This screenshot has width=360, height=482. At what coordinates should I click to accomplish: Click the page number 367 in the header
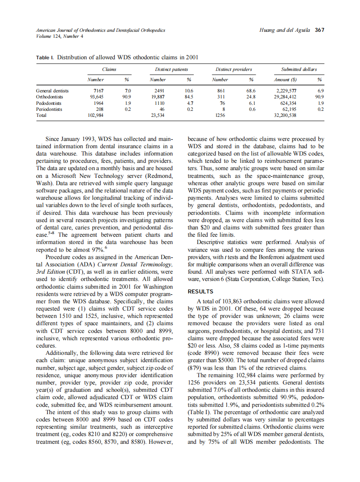(x=319, y=30)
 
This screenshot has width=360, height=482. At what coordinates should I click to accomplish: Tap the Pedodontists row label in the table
(x=49, y=103)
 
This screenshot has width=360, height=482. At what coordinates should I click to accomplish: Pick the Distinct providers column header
(x=234, y=69)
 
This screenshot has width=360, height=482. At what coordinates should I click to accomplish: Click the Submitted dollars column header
(x=299, y=69)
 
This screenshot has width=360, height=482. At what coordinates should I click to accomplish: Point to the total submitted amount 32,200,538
(x=285, y=116)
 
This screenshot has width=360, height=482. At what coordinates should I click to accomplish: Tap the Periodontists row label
(x=49, y=110)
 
